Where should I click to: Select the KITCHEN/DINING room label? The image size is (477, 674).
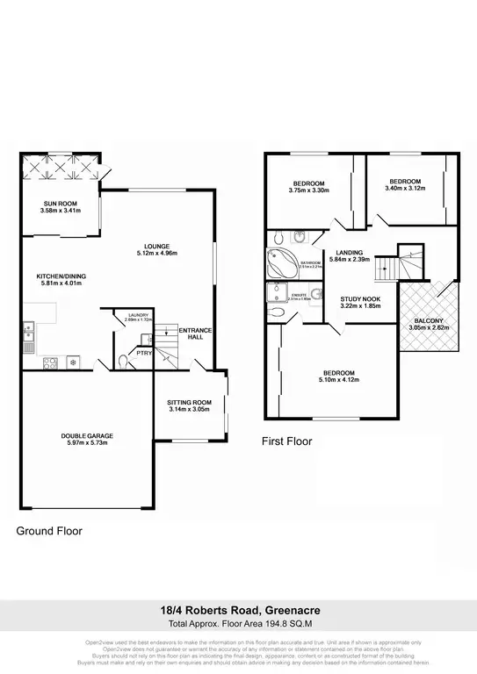pyautogui.click(x=61, y=276)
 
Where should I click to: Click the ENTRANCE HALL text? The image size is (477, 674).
pyautogui.click(x=192, y=334)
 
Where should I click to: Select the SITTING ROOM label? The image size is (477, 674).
pyautogui.click(x=189, y=402)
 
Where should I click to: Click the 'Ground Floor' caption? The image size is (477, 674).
pyautogui.click(x=49, y=531)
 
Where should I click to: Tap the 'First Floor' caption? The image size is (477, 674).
pyautogui.click(x=287, y=441)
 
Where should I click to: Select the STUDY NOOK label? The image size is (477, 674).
pyautogui.click(x=359, y=299)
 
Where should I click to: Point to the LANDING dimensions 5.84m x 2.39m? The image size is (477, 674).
pyautogui.click(x=349, y=260)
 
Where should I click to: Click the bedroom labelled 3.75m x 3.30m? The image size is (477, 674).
pyautogui.click(x=307, y=190)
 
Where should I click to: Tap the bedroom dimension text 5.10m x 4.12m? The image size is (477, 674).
pyautogui.click(x=338, y=383)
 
